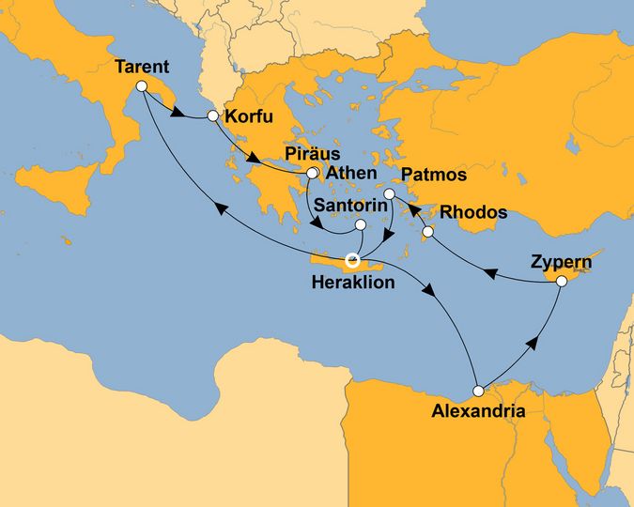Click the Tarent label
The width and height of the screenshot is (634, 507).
point(141,67)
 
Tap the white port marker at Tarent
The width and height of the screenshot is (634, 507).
point(142,86)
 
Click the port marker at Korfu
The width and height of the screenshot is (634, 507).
point(212,116)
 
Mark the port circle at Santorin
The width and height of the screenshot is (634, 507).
point(361,225)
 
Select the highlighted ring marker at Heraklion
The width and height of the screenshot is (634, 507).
point(353,259)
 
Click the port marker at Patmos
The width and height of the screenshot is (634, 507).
point(390,195)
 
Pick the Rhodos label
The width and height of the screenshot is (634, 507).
point(474,211)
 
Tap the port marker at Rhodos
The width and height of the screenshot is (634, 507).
point(427,231)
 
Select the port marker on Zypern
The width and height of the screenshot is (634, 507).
point(561,281)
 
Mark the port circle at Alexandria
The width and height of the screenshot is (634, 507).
point(478,390)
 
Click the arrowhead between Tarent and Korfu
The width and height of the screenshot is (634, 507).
point(176,115)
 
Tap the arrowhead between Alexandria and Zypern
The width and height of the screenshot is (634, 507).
point(534,343)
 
